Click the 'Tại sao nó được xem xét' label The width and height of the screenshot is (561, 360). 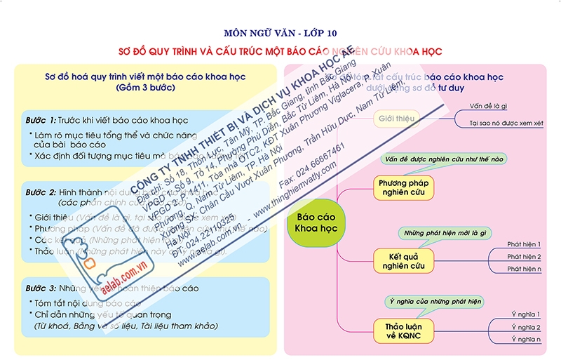(x=506, y=123)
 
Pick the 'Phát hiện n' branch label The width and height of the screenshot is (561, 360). (x=524, y=269)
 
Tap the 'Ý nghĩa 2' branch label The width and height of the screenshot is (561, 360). (x=526, y=327)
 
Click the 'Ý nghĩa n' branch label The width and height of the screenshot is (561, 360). (x=526, y=340)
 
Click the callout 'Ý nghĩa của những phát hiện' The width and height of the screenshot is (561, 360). (x=435, y=301)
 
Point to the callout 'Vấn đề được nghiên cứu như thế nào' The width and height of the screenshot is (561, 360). (x=445, y=159)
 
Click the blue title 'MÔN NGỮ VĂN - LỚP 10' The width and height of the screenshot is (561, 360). (x=280, y=33)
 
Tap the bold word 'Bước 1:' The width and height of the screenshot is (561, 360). (x=40, y=120)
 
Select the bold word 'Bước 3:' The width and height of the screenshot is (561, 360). (x=40, y=288)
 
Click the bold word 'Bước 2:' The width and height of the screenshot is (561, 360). (x=40, y=192)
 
